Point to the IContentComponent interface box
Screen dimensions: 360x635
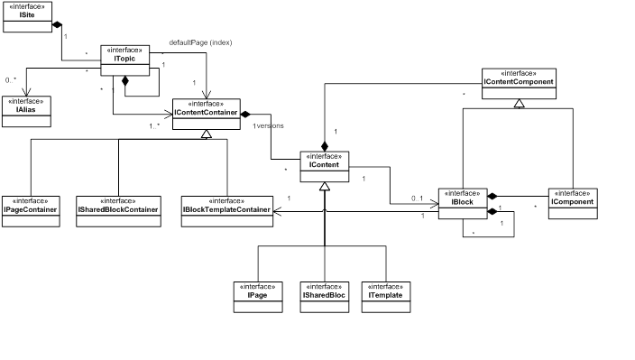pyautogui.click(x=518, y=84)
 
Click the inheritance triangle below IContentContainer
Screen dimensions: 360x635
pyautogui.click(x=206, y=134)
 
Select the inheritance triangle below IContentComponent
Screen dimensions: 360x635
pyautogui.click(x=518, y=104)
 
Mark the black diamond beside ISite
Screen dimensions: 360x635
pyautogui.click(x=58, y=24)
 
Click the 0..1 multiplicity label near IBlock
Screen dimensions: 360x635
pyautogui.click(x=418, y=198)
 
